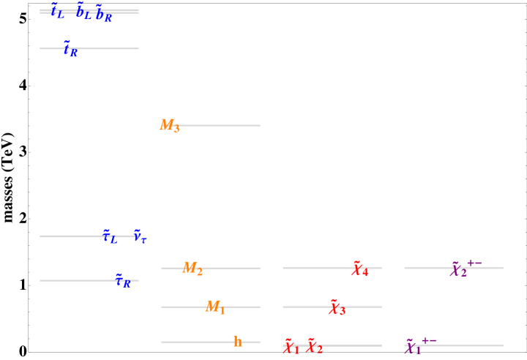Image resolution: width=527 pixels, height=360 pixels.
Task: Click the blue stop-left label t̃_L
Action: (x=57, y=12)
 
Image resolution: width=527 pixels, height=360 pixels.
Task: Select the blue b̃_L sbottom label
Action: (x=83, y=12)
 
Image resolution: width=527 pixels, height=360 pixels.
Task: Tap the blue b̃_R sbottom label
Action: (x=104, y=13)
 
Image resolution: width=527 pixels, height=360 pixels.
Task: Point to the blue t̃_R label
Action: (x=70, y=50)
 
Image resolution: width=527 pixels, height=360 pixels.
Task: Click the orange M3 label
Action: (x=169, y=126)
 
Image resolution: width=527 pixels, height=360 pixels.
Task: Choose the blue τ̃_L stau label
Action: (x=110, y=236)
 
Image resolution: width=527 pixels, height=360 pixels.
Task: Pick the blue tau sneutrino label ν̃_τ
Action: (x=140, y=237)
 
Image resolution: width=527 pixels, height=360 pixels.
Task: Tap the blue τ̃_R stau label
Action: (x=123, y=281)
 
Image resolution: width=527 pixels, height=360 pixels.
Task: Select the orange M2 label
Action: (x=193, y=269)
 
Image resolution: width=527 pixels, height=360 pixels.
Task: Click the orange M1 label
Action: (x=215, y=307)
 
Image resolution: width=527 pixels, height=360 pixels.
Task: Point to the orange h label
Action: (x=237, y=342)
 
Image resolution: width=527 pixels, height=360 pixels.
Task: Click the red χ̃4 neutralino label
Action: (x=359, y=269)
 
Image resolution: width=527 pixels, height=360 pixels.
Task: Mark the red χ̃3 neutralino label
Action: (x=337, y=308)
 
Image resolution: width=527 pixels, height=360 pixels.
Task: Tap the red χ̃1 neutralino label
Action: (x=291, y=347)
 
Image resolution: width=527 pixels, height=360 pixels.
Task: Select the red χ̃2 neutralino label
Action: (x=314, y=346)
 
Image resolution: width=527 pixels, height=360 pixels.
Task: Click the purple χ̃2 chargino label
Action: (x=458, y=270)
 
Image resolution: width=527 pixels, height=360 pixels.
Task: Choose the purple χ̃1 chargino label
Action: (x=413, y=347)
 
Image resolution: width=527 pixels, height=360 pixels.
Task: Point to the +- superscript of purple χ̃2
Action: (x=474, y=263)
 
